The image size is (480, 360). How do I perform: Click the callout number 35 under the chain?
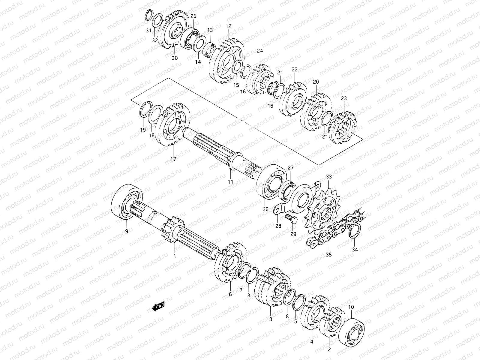pyautogui.click(x=328, y=254)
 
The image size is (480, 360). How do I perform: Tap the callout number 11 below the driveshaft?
pyautogui.click(x=230, y=181)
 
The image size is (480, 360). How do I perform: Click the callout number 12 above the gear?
pyautogui.click(x=228, y=26)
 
